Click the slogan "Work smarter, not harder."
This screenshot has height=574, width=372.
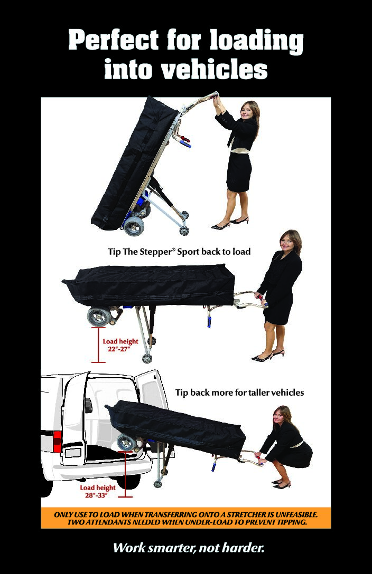(x=188, y=548)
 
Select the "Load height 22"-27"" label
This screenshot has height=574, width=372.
(x=120, y=345)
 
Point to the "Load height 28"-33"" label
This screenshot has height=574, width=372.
(x=98, y=492)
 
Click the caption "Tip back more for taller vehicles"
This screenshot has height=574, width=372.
(x=239, y=393)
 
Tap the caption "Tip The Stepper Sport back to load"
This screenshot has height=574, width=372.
(x=179, y=252)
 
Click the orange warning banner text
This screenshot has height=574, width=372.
(x=185, y=518)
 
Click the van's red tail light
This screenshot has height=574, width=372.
(x=57, y=442)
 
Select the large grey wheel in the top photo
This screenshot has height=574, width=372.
(x=134, y=226)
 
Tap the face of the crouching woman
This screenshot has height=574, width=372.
(x=280, y=417)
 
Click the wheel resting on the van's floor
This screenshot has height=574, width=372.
(x=126, y=443)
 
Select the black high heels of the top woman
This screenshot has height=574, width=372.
(x=230, y=224)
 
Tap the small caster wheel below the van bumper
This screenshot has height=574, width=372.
(x=158, y=483)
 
